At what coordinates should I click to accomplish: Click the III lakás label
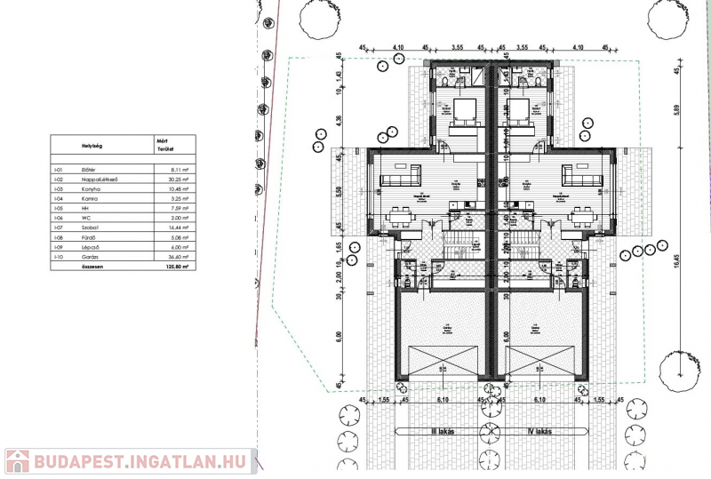point(442,431)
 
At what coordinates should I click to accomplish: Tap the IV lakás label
point(540,431)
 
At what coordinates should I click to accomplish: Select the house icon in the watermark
point(17,461)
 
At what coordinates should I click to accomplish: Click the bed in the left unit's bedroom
point(463,114)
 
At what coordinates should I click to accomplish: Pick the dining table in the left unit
point(401,213)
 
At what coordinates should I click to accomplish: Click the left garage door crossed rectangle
point(440,362)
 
